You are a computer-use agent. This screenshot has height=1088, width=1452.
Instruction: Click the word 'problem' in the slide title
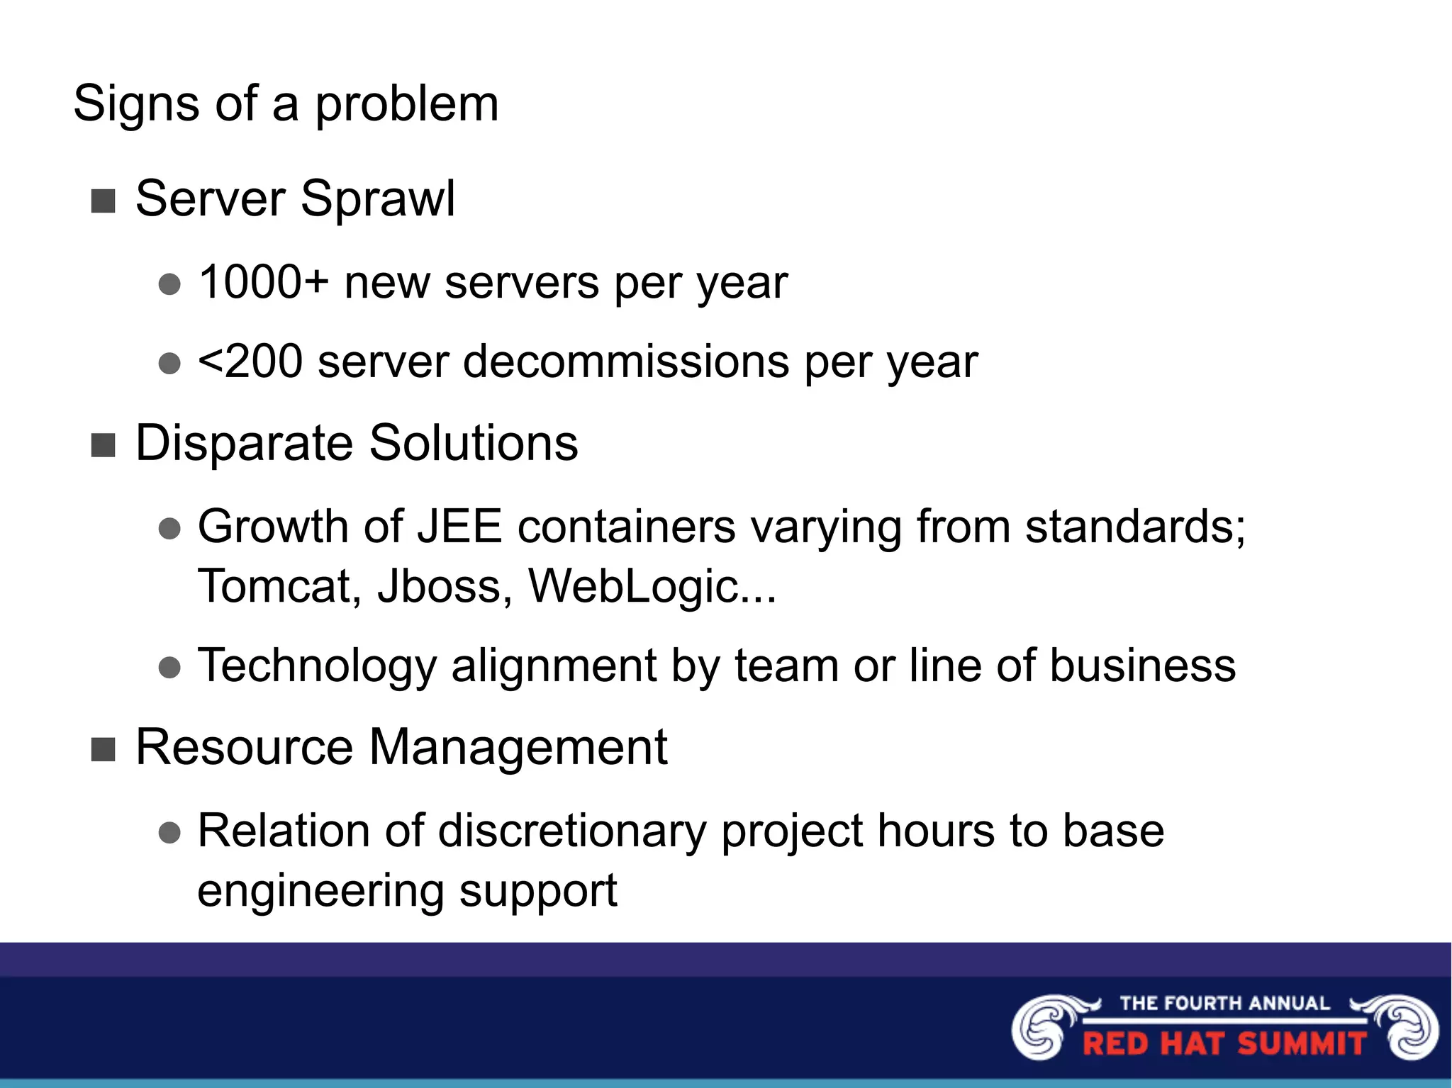point(406,104)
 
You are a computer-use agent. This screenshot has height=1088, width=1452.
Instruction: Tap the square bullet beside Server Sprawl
point(104,201)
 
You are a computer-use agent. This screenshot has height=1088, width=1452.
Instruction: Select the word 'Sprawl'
point(378,199)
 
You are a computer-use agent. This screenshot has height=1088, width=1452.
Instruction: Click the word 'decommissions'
point(626,361)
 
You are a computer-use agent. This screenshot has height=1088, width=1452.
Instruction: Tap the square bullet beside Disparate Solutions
point(104,446)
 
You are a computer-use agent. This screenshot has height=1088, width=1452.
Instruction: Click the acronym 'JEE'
point(459,527)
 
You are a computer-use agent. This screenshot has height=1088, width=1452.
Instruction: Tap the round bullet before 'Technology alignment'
point(170,667)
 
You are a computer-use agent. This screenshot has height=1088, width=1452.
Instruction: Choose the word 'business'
point(1142,666)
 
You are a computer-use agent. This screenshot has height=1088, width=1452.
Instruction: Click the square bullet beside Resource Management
point(104,749)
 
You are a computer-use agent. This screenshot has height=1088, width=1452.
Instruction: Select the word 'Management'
point(518,747)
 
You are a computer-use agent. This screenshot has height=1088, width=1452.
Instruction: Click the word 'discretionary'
point(572,831)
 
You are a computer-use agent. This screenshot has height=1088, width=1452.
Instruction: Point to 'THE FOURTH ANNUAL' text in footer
point(1224,1003)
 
